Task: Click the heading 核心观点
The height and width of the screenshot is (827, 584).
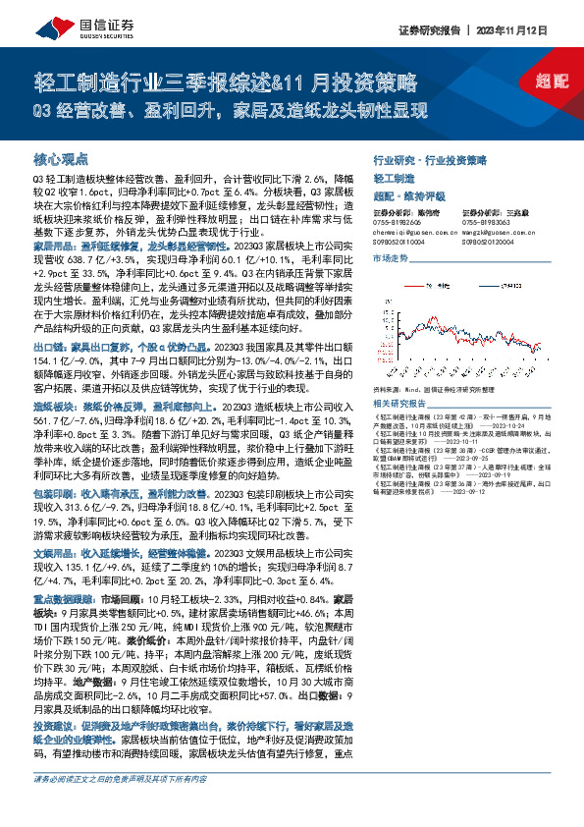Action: [x=62, y=158]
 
